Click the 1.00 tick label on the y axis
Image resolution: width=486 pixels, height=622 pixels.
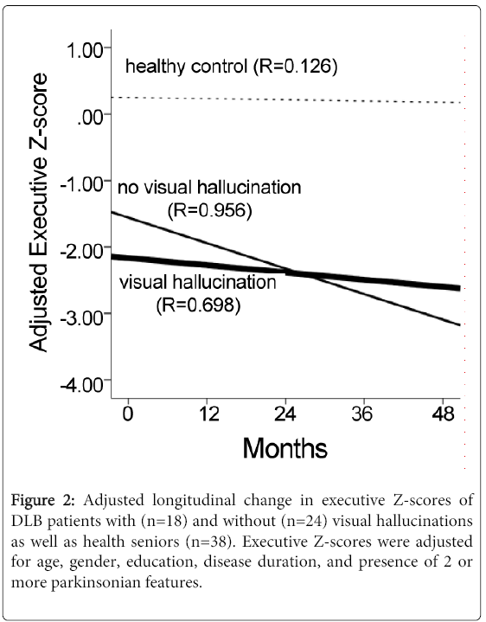pyautogui.click(x=84, y=50)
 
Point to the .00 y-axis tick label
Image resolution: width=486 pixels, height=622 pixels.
pyautogui.click(x=90, y=117)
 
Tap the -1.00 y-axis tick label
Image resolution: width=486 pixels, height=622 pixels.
pyautogui.click(x=81, y=184)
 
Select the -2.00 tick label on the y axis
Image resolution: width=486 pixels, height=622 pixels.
pyautogui.click(x=81, y=250)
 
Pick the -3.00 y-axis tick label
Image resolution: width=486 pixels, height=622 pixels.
pyautogui.click(x=81, y=317)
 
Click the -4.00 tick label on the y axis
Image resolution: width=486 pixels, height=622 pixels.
pyautogui.click(x=81, y=384)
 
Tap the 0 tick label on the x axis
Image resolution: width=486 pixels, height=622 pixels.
pyautogui.click(x=128, y=414)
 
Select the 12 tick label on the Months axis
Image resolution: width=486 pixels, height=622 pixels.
pyautogui.click(x=208, y=414)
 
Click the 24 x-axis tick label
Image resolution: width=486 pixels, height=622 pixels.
pyautogui.click(x=285, y=414)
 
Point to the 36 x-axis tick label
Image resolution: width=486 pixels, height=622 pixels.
pyautogui.click(x=362, y=414)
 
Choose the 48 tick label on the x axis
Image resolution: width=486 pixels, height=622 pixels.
pyautogui.click(x=443, y=414)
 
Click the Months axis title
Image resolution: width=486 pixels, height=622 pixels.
pyautogui.click(x=285, y=448)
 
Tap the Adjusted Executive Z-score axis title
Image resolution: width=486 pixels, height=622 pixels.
pyautogui.click(x=38, y=212)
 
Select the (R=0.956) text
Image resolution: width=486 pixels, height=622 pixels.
pyautogui.click(x=209, y=210)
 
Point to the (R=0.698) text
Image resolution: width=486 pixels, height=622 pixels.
pyautogui.click(x=198, y=305)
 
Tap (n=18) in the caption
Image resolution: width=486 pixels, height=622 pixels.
pyautogui.click(x=163, y=521)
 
